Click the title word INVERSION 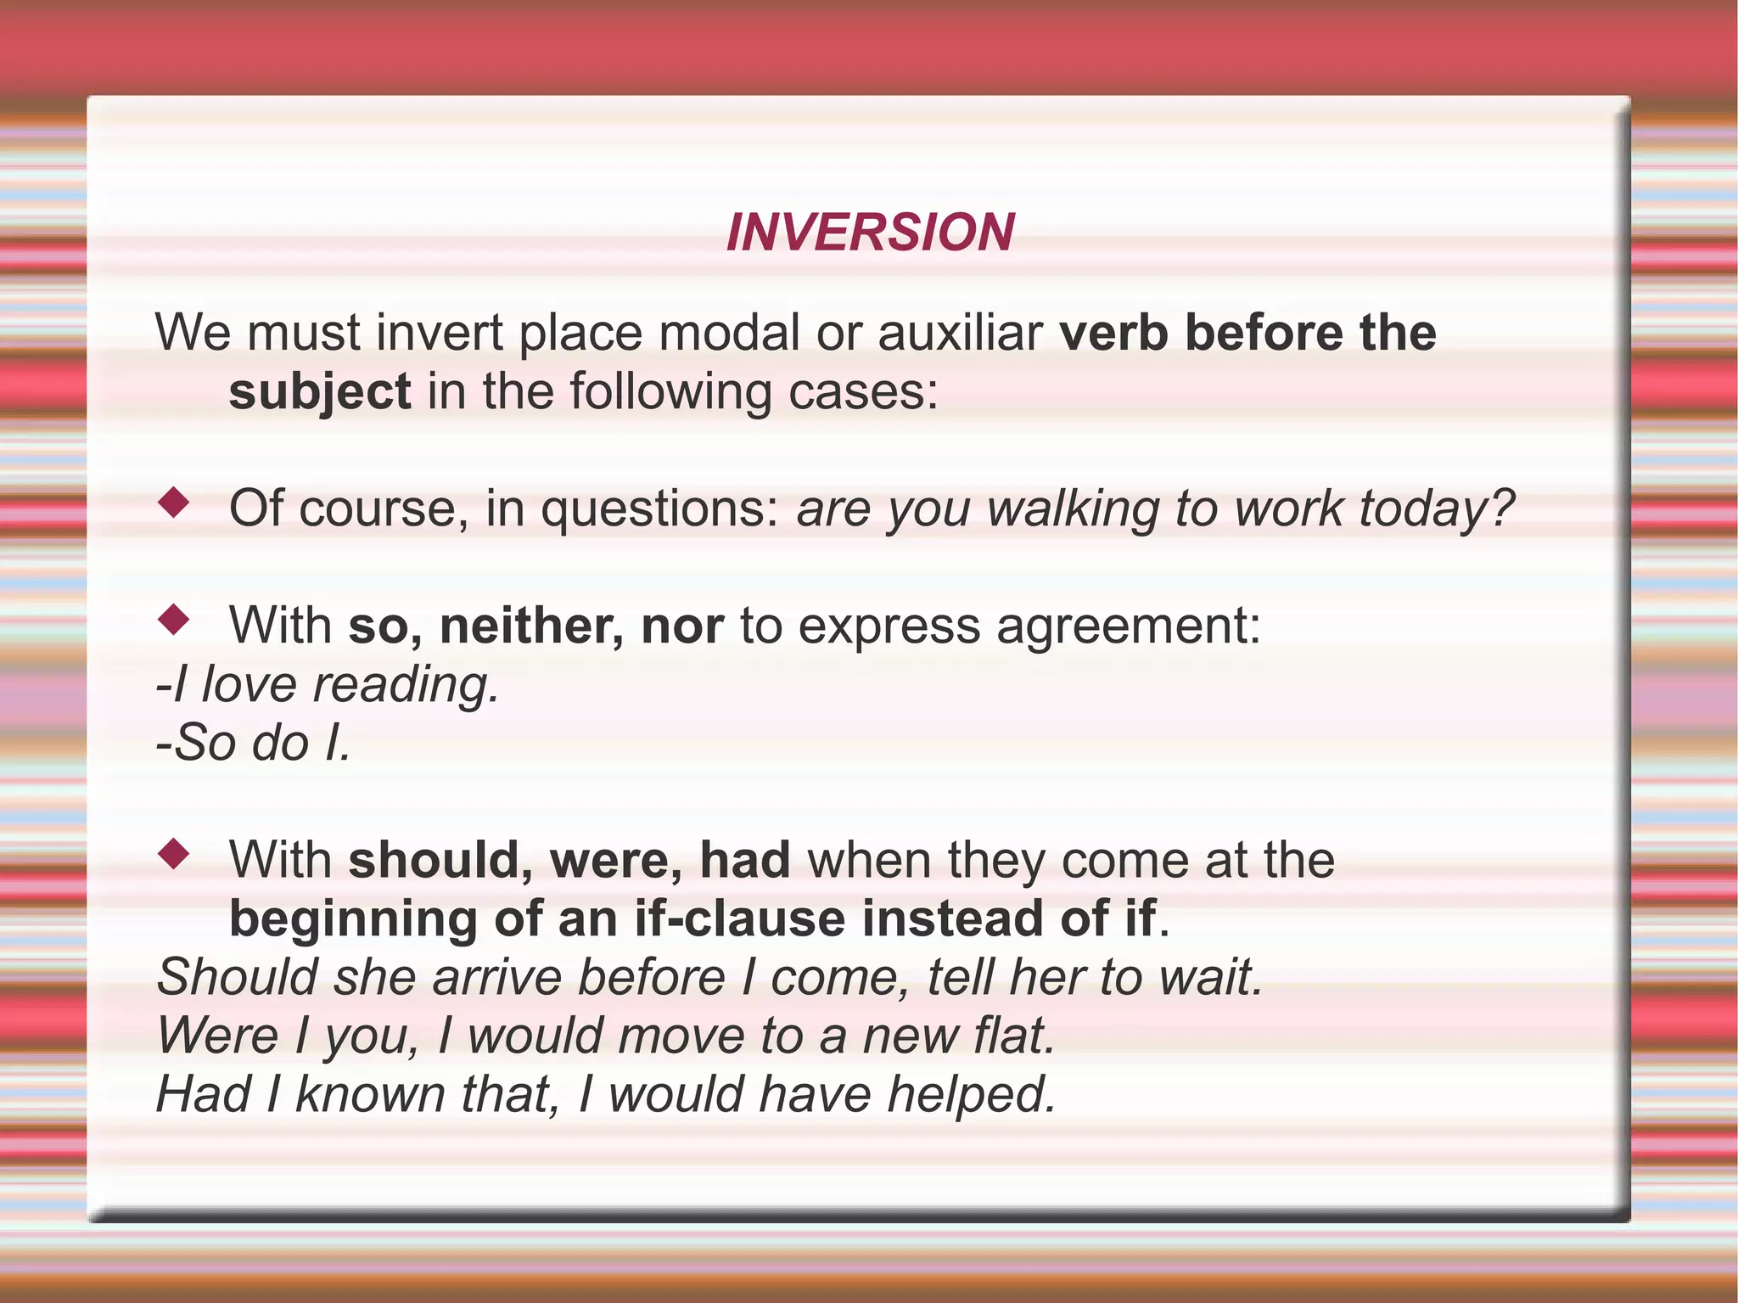tap(870, 232)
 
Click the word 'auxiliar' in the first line tap(960, 332)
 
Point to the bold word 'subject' tap(320, 391)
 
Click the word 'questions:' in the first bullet tap(659, 509)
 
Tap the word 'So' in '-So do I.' tap(205, 743)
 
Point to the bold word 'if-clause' tap(739, 918)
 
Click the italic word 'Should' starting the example tap(238, 977)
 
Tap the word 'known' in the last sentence tap(370, 1094)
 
